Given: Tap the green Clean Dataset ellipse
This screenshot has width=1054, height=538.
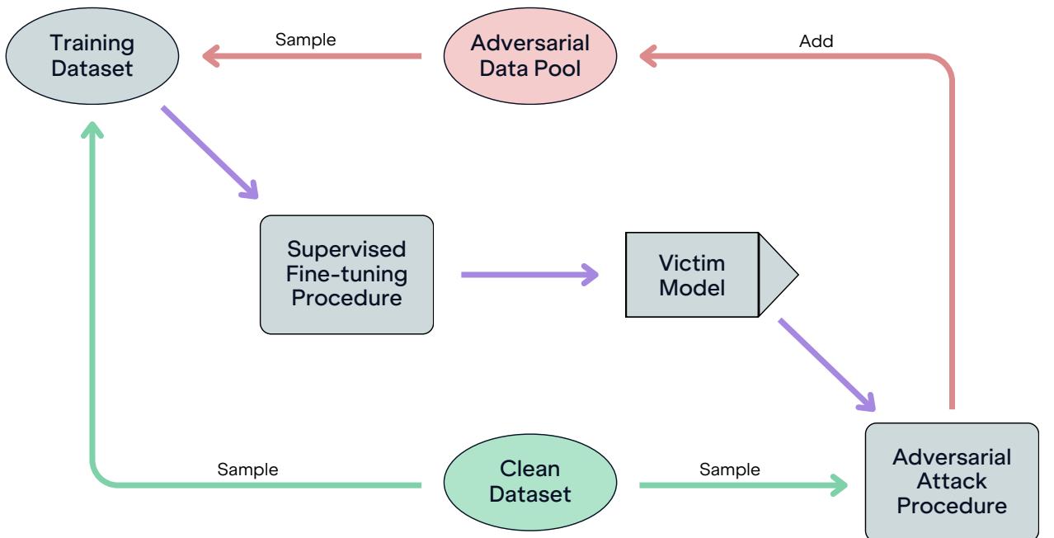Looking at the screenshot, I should tap(529, 484).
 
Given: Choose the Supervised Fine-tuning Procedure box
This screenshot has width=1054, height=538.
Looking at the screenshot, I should tap(346, 274).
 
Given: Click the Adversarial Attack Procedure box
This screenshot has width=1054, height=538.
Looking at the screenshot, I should tap(952, 481).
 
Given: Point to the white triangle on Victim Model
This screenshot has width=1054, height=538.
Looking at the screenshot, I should tap(775, 274).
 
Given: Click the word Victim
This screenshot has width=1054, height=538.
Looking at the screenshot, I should tap(692, 263).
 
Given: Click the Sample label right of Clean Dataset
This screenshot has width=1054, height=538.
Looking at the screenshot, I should tap(730, 470).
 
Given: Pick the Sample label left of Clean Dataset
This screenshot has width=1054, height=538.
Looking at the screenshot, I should tap(247, 470).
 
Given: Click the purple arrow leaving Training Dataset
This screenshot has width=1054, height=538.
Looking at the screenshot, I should tap(209, 153).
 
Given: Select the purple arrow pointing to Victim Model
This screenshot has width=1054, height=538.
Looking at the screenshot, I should tap(528, 274).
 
